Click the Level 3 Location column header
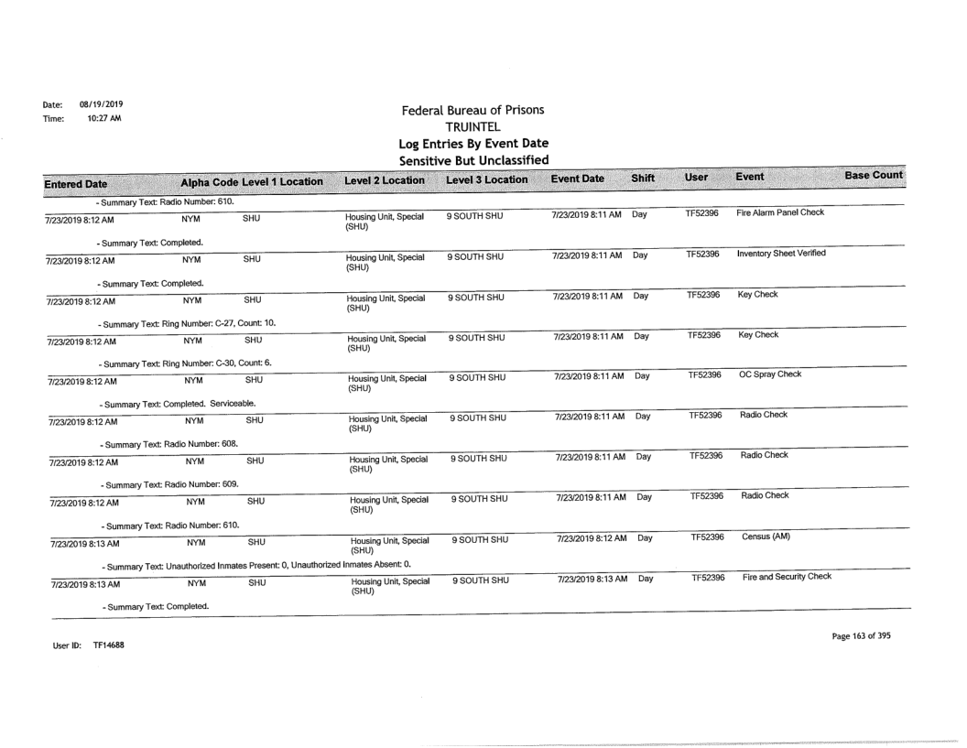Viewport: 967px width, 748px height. pyautogui.click(x=485, y=179)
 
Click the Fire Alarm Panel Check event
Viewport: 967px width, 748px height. pyautogui.click(x=774, y=211)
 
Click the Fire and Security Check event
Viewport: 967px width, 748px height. pyautogui.click(x=781, y=578)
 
